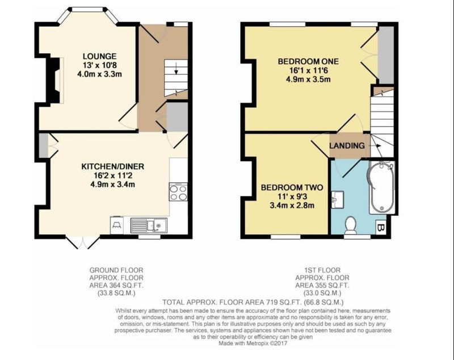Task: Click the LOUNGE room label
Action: coord(100,56)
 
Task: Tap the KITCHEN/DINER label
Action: coord(112,166)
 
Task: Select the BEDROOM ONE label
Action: coord(308,61)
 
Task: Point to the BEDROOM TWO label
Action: coord(292,187)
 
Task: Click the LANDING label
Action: coord(347,145)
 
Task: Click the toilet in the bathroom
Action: coord(351,225)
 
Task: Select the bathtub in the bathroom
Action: coord(381,187)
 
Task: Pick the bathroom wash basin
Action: coord(338,199)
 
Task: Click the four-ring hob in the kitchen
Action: coord(178,192)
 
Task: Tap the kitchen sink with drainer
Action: coord(149,225)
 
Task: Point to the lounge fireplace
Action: coord(55,80)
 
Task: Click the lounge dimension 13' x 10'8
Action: coord(100,65)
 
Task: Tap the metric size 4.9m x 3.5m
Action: coord(308,79)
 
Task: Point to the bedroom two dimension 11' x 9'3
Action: coord(292,196)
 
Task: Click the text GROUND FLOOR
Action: coord(116,270)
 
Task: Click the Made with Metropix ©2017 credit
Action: coord(253,344)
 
